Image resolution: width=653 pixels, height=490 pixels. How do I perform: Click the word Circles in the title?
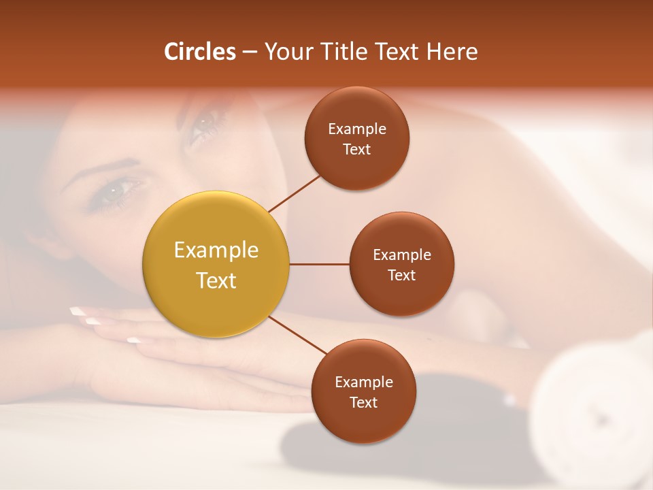(x=199, y=52)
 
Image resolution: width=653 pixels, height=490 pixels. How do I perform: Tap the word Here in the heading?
(x=452, y=52)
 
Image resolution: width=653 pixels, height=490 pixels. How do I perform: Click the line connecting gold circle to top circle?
(x=294, y=193)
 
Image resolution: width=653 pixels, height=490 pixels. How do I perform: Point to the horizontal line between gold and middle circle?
(x=319, y=264)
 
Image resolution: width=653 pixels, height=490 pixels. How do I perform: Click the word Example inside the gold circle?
(x=216, y=250)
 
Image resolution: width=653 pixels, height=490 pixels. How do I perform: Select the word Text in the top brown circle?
(x=356, y=150)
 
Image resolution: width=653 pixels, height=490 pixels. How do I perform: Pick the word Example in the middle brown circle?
(x=401, y=255)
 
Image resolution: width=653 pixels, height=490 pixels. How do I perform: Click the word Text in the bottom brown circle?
(x=363, y=403)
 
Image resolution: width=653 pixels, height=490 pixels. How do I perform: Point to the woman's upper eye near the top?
(x=203, y=125)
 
